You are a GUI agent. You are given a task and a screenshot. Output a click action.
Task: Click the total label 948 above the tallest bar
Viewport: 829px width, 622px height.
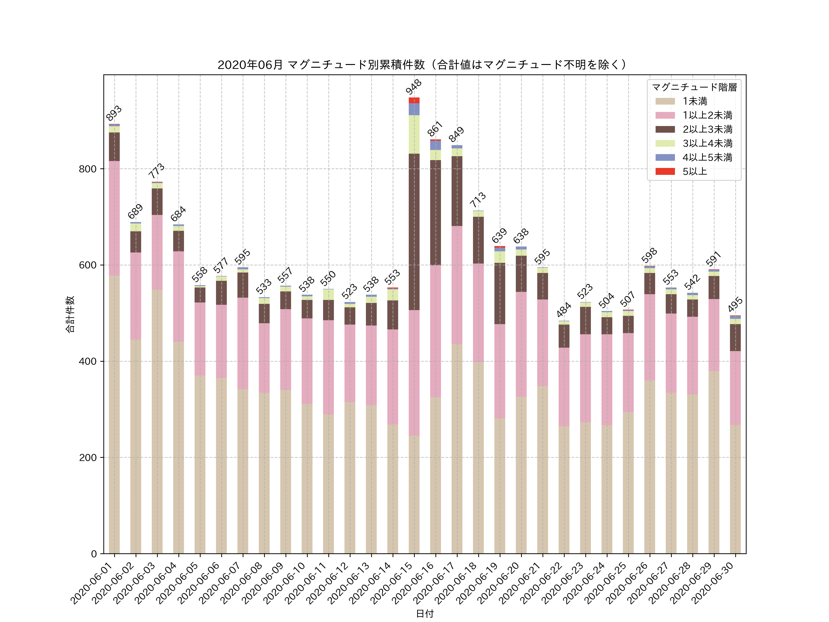coord(414,87)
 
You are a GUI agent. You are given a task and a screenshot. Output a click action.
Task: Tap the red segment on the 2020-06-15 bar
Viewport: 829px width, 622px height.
coord(414,100)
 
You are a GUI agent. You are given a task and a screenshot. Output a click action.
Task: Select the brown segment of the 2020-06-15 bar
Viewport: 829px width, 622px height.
coord(414,232)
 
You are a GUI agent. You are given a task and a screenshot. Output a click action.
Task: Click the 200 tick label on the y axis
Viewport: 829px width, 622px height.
coord(88,458)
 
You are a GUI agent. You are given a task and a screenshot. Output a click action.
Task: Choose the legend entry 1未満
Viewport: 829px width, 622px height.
coord(695,101)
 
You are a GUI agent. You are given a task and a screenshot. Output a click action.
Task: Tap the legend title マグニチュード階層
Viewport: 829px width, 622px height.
coord(694,87)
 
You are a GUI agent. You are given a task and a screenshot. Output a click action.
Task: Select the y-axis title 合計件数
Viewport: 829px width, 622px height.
coord(70,314)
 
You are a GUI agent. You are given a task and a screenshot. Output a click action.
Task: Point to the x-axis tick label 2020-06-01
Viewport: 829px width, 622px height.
coord(92,583)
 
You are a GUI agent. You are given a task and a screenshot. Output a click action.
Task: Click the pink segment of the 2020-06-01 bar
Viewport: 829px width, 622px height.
coord(114,218)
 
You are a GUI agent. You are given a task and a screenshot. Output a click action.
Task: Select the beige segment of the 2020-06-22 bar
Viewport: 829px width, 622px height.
coord(564,489)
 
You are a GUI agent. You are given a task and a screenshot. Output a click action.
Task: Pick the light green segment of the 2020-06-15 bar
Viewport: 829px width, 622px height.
coord(414,134)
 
